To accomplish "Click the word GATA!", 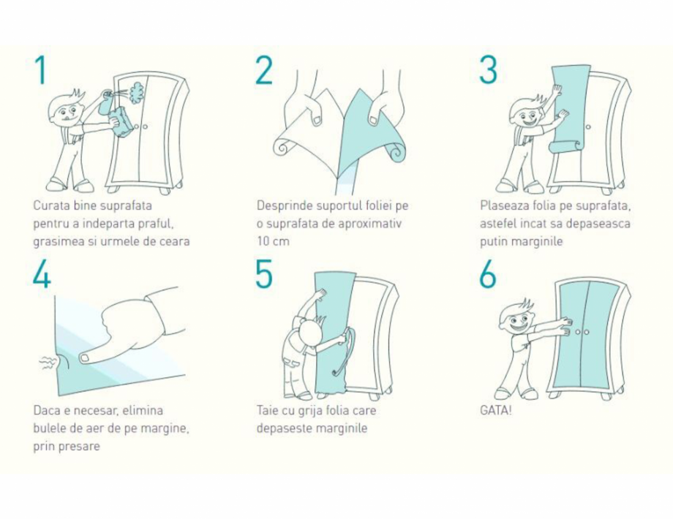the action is coord(496,411).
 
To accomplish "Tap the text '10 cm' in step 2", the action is coord(273,241).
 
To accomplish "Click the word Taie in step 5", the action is coord(268,411).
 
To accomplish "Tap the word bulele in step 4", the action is coord(48,428).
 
